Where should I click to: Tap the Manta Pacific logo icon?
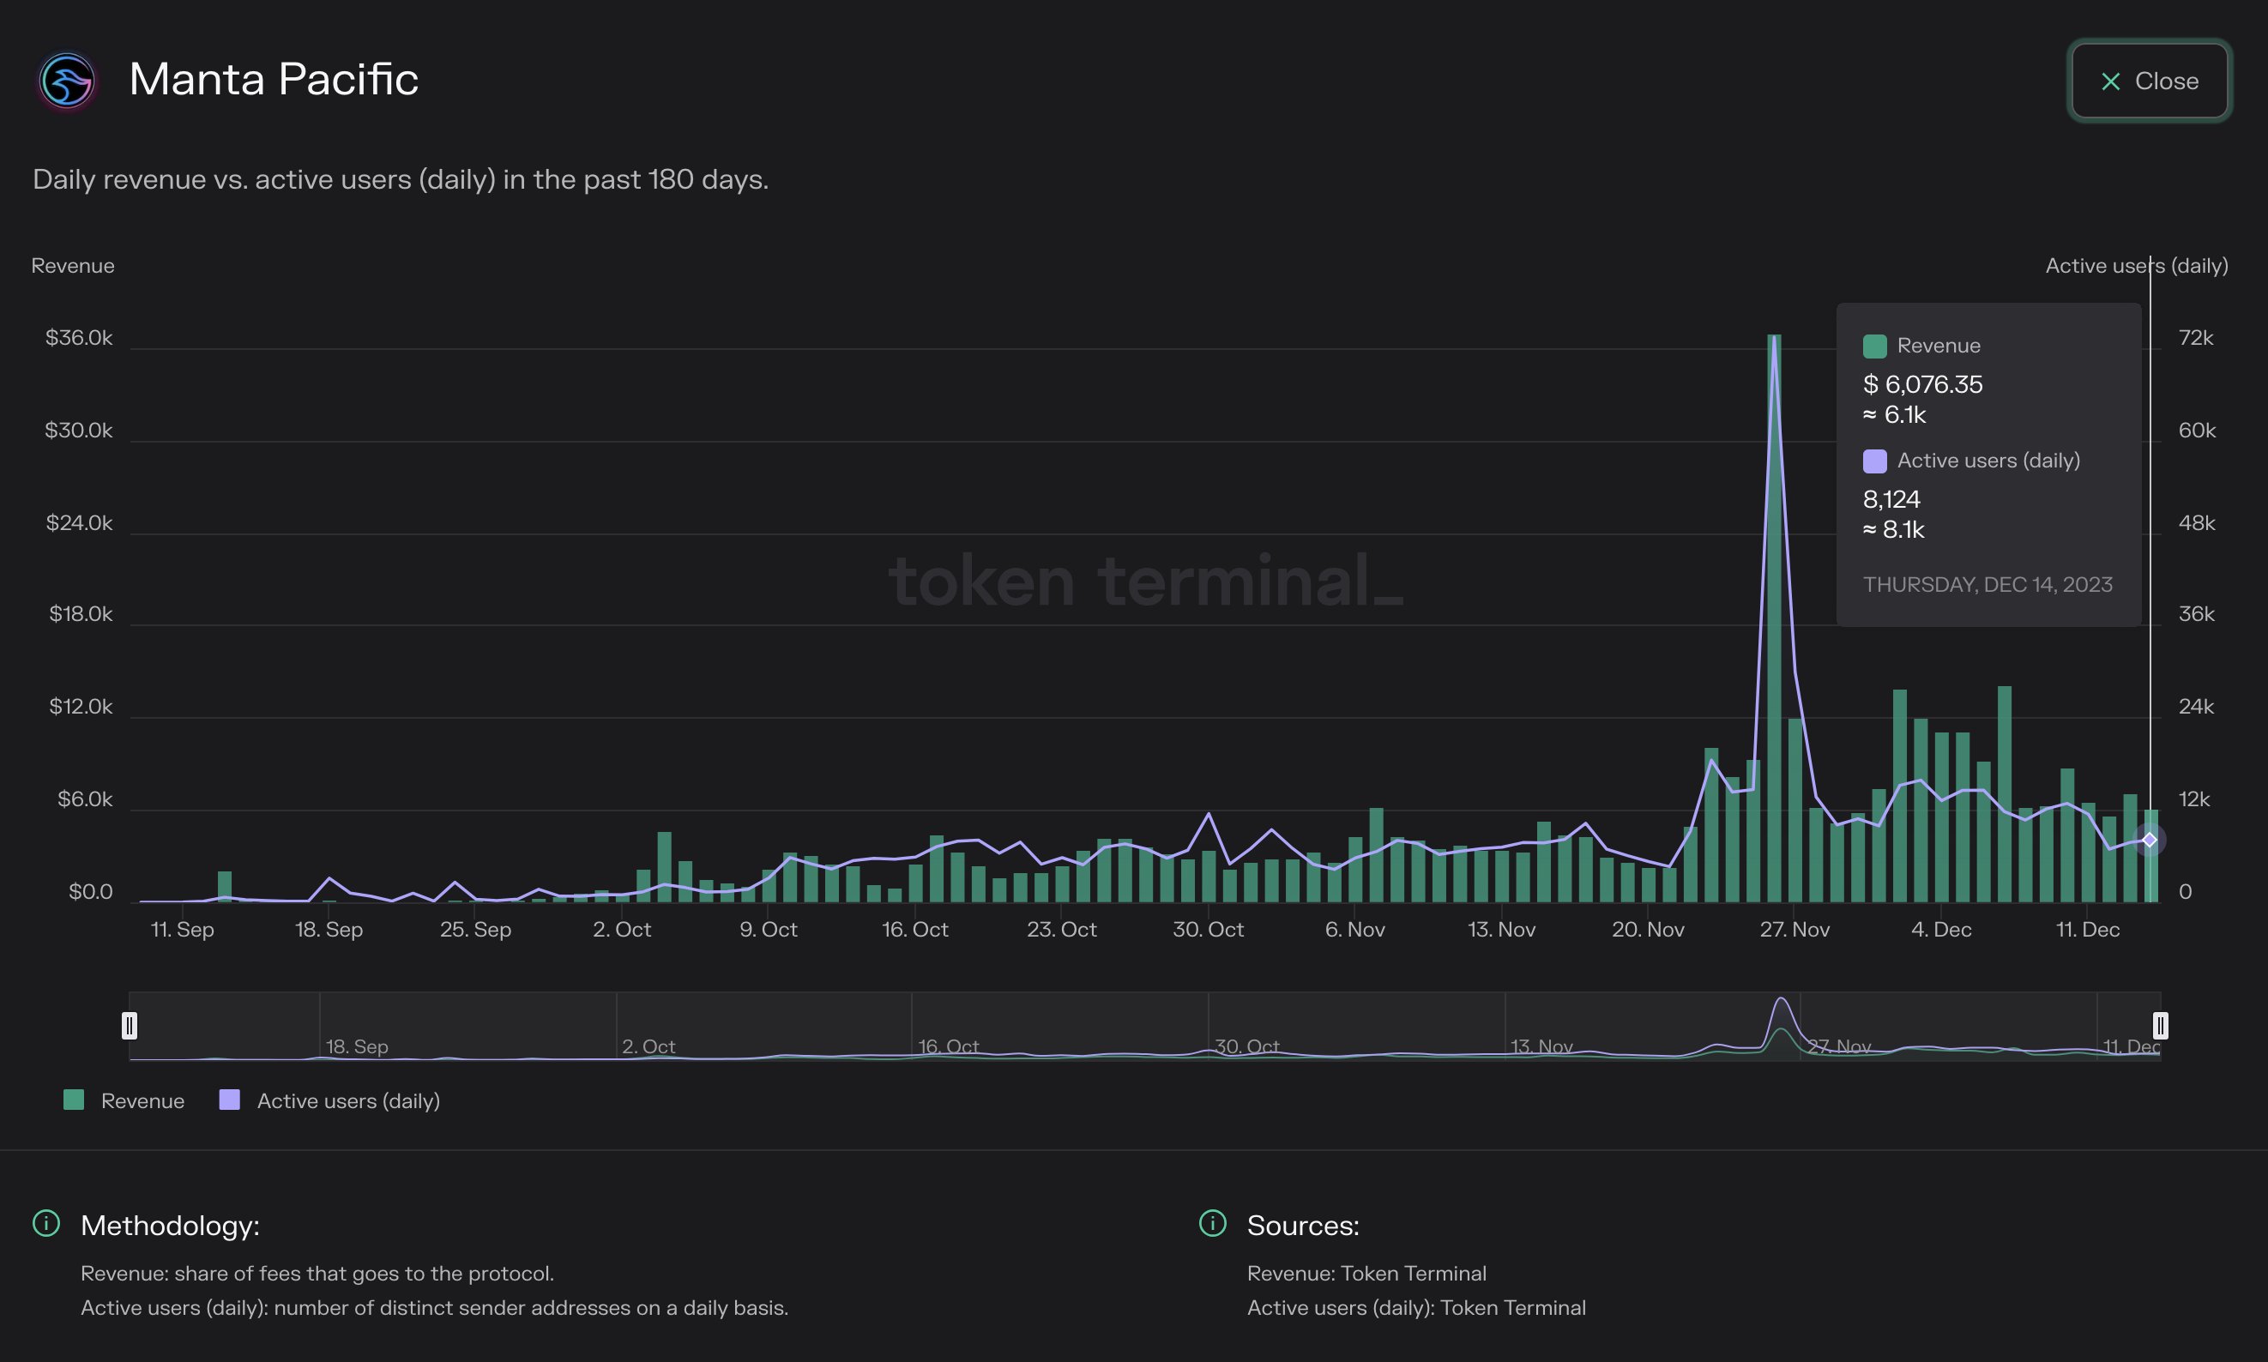point(67,81)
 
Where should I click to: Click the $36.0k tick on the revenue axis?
point(79,338)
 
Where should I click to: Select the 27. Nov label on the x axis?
point(1794,929)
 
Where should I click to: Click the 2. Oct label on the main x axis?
point(621,929)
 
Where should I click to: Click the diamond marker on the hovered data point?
point(2149,840)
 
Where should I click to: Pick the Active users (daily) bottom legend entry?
point(330,1100)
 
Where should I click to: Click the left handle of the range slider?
point(130,1025)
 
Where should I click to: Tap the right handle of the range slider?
point(2160,1025)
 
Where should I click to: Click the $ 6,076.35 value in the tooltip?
point(1923,384)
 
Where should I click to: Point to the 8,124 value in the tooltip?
point(1891,499)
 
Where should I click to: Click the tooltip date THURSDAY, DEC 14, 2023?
point(1988,585)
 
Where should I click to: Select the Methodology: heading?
point(170,1226)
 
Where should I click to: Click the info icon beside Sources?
point(1212,1223)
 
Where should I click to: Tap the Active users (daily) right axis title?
point(2136,265)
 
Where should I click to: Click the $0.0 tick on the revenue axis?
point(90,891)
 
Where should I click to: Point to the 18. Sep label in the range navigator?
point(357,1046)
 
